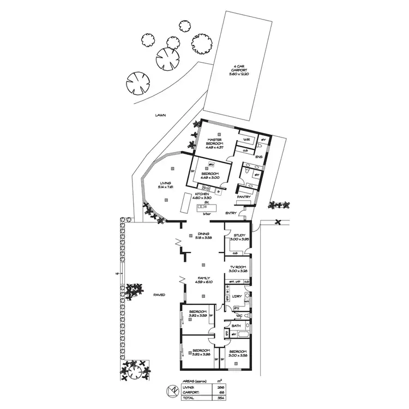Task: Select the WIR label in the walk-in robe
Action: click(246, 140)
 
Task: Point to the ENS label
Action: click(258, 157)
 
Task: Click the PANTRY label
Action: click(251, 197)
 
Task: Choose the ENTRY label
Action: click(231, 213)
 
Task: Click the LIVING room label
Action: click(165, 183)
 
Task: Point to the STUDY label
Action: click(238, 236)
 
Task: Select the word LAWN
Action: click(160, 115)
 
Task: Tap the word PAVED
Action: click(159, 294)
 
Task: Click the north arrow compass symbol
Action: click(172, 391)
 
